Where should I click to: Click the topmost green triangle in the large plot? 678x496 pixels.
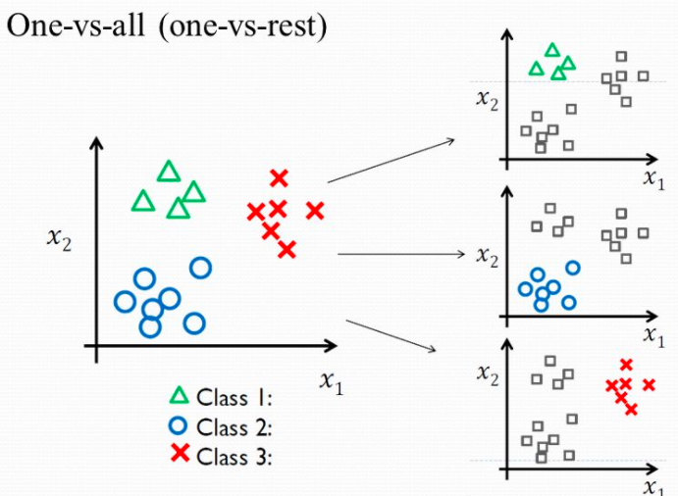[x=169, y=173]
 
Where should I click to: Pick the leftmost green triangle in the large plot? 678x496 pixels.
[x=143, y=202]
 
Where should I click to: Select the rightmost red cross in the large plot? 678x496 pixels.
[x=314, y=210]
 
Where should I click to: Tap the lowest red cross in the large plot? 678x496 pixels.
[x=287, y=249]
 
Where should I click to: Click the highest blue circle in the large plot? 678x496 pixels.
[x=200, y=267]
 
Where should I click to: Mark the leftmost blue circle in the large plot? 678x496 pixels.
[x=125, y=301]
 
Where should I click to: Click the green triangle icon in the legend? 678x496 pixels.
[x=179, y=397]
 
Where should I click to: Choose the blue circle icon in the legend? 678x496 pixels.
[x=179, y=426]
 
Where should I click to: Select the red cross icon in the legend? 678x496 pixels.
[x=179, y=455]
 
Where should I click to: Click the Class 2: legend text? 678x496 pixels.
[x=235, y=427]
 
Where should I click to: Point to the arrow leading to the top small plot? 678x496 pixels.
[x=392, y=161]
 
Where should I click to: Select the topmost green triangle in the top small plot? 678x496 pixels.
[x=551, y=50]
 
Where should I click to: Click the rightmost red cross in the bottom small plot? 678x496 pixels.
[x=648, y=384]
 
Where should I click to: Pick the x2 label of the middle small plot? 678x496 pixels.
[x=486, y=255]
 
